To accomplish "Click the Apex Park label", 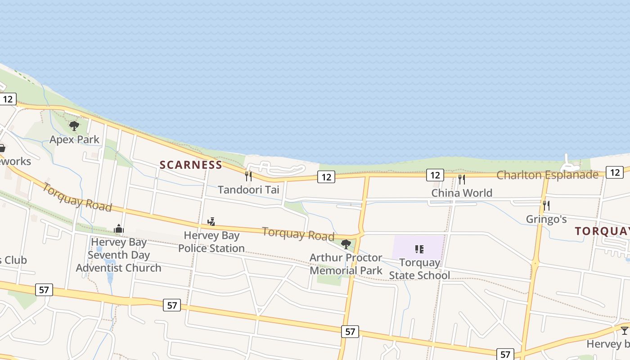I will point(74,139).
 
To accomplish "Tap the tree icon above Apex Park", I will point(74,126).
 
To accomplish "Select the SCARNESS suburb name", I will point(191,165).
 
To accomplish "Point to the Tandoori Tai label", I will point(248,190).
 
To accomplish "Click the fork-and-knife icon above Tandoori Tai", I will point(248,176).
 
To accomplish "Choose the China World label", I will point(462,193).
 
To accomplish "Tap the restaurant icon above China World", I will point(461,180).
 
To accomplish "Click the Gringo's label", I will point(546,219).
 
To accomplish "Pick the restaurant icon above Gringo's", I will point(546,206).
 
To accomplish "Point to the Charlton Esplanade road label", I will point(547,175).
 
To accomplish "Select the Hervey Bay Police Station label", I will point(211,242).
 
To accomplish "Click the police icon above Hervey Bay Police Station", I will point(211,221).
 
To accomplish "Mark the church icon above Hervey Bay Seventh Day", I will point(119,229).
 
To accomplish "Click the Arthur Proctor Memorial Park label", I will point(346,264).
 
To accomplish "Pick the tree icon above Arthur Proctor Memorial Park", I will point(346,244).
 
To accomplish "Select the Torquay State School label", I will point(419,269).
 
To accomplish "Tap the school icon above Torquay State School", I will point(419,249).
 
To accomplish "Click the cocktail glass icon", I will point(625,331).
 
